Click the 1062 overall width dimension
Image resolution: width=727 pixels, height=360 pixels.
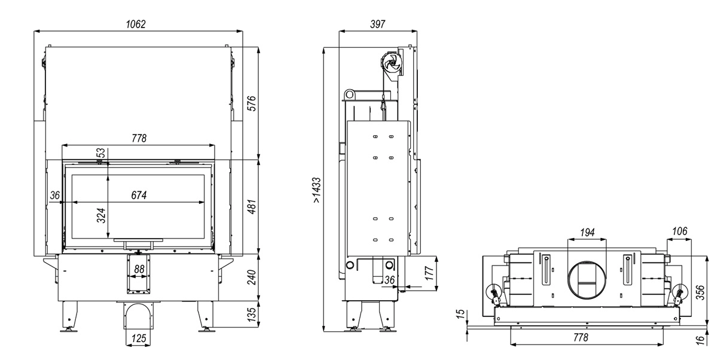point(136,24)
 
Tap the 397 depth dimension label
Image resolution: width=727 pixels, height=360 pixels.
point(377,24)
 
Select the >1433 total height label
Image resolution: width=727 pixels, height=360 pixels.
point(316,190)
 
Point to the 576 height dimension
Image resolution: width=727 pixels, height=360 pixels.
point(252,103)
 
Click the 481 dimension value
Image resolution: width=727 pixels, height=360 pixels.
point(252,207)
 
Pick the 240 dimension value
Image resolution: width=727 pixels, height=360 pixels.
point(252,277)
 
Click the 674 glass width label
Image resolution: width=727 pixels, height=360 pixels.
point(139,195)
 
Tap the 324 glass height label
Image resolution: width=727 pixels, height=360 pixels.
point(101,215)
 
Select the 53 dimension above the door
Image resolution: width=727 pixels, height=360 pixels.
point(101,152)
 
